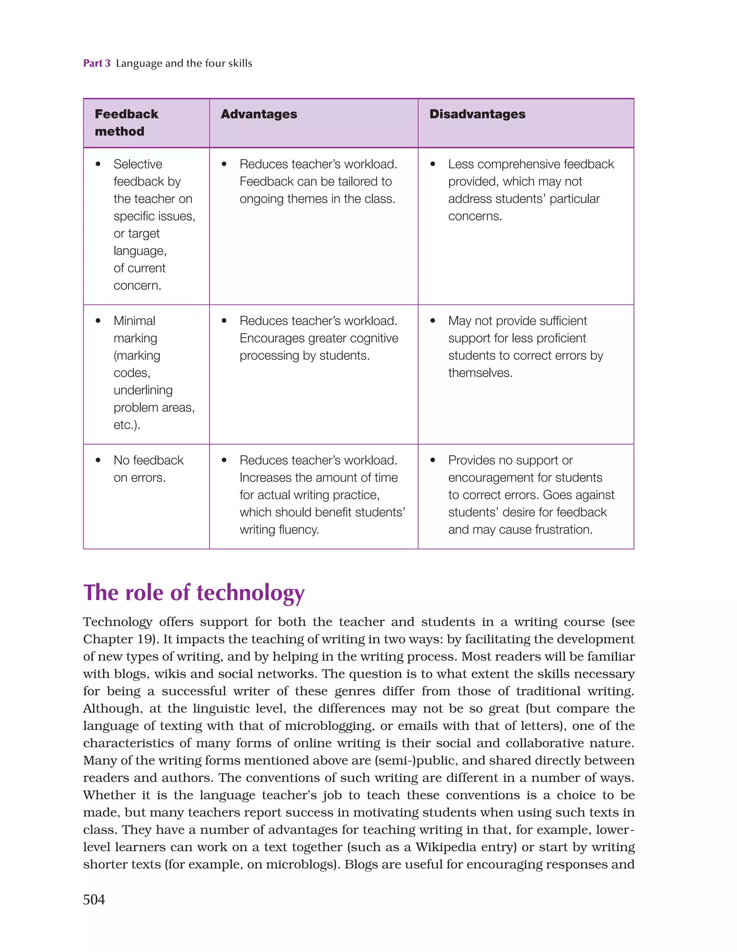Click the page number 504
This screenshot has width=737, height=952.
tap(94, 899)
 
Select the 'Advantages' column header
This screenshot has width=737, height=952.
tap(259, 114)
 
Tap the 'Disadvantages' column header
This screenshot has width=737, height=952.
tap(477, 114)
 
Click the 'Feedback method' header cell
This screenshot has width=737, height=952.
tap(126, 122)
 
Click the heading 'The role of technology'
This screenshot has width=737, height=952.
tap(194, 593)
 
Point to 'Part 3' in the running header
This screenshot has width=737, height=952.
tap(97, 63)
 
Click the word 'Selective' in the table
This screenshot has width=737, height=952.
tap(138, 164)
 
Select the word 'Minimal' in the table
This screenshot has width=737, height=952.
tap(134, 321)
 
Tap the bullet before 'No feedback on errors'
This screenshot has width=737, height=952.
tap(98, 460)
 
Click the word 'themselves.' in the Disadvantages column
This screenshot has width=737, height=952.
tap(480, 373)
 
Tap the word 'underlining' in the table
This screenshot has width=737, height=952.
tap(143, 390)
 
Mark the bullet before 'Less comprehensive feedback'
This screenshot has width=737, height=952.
tap(433, 164)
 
